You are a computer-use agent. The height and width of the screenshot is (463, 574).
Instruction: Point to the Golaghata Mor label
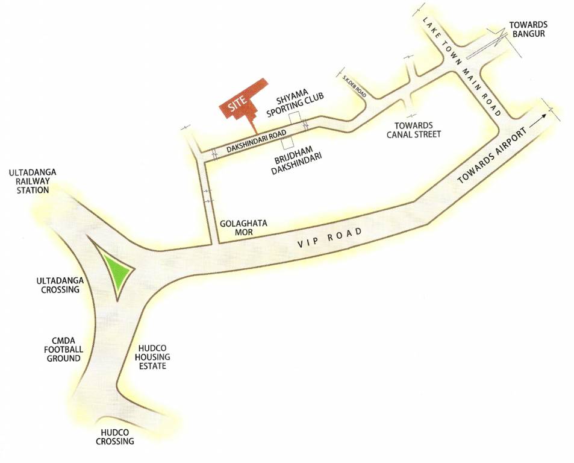[x=243, y=227]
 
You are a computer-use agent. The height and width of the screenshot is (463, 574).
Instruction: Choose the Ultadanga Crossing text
[x=58, y=285]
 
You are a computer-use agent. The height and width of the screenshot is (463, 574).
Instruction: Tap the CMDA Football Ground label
[x=63, y=350]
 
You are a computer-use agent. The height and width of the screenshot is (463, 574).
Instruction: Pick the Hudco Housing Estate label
[x=151, y=357]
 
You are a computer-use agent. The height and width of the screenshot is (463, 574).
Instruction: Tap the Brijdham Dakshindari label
[x=295, y=159]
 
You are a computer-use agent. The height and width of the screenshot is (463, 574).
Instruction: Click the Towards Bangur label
[x=526, y=30]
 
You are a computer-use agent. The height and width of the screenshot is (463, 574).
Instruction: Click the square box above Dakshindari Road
[x=293, y=118]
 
